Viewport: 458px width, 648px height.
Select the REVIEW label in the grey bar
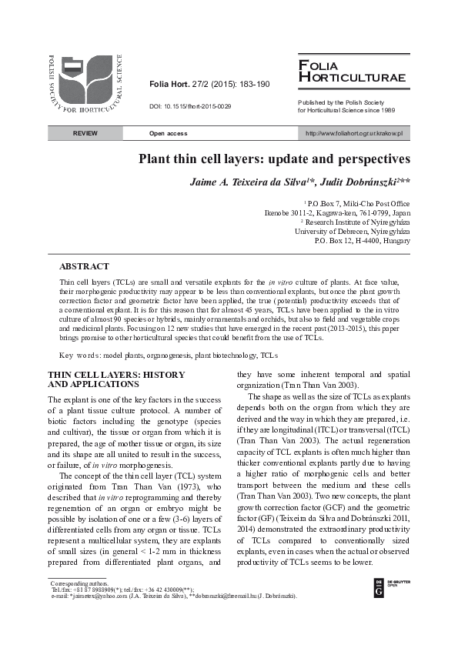coord(85,134)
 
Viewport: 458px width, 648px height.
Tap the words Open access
coord(168,134)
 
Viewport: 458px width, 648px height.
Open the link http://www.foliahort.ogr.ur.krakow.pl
coord(354,134)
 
